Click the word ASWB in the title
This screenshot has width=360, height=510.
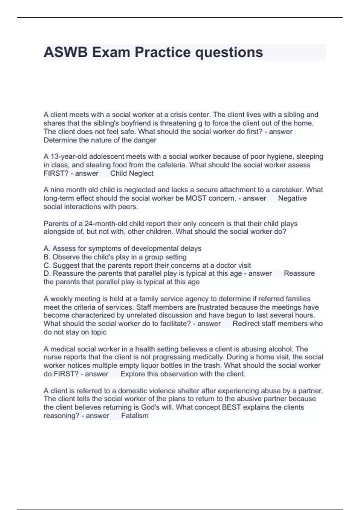pyautogui.click(x=66, y=52)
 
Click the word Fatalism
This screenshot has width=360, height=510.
pyautogui.click(x=135, y=415)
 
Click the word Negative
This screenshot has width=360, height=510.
pyautogui.click(x=292, y=198)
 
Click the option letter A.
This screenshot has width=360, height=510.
pyautogui.click(x=46, y=248)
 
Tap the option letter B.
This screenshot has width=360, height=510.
pyautogui.click(x=46, y=257)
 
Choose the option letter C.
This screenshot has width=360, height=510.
pyautogui.click(x=46, y=265)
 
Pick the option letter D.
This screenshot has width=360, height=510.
pyautogui.click(x=46, y=273)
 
